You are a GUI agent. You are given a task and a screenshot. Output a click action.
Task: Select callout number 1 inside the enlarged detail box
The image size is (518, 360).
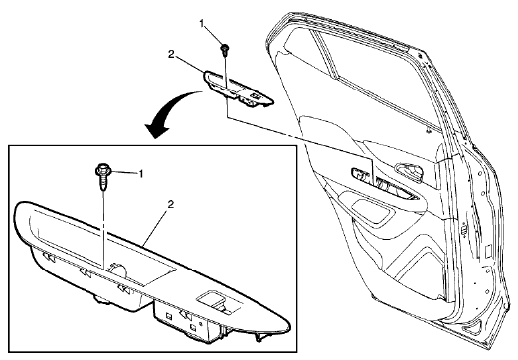141,173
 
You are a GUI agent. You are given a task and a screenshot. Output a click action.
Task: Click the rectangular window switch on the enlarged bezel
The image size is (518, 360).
215,302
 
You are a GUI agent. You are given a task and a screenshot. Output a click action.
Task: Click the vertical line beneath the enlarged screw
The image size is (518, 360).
104,229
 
